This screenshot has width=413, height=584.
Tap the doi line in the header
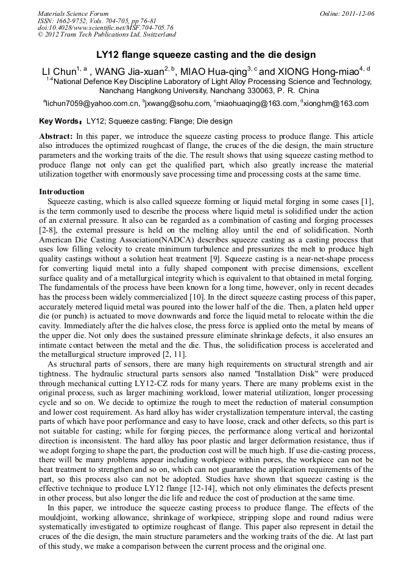(x=105, y=27)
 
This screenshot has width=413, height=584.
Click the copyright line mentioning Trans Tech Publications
(x=107, y=35)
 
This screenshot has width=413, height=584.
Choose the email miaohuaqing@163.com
(x=256, y=104)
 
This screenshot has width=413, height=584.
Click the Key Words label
(x=60, y=121)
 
